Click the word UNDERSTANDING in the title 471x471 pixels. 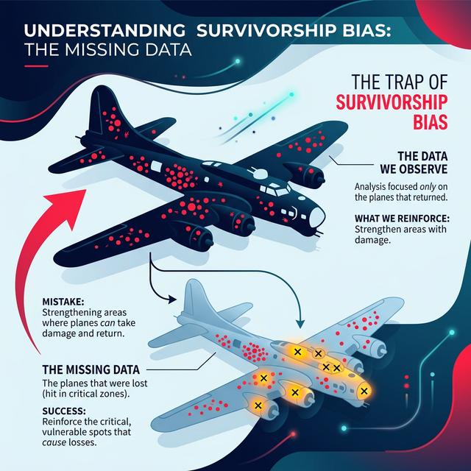pos(105,30)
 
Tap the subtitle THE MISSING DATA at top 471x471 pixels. pos(108,50)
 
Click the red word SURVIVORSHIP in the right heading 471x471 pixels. pos(392,103)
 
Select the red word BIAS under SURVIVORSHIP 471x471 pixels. pos(430,121)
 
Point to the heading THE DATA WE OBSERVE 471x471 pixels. pos(414,163)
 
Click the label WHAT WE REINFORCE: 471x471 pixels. pos(402,219)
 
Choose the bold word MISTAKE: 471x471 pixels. pos(63,301)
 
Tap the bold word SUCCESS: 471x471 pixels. pos(64,411)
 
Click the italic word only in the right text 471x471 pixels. pos(428,187)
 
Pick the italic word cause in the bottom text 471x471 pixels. pos(54,442)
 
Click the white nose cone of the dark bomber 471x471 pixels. pos(317,216)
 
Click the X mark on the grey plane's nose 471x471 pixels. pos(364,391)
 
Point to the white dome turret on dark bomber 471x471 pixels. pos(260,174)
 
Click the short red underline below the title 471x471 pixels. pos(36,66)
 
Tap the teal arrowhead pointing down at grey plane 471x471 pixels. pos(300,324)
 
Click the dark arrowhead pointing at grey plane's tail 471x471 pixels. pos(171,300)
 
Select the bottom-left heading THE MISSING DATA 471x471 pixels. pos(91,369)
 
